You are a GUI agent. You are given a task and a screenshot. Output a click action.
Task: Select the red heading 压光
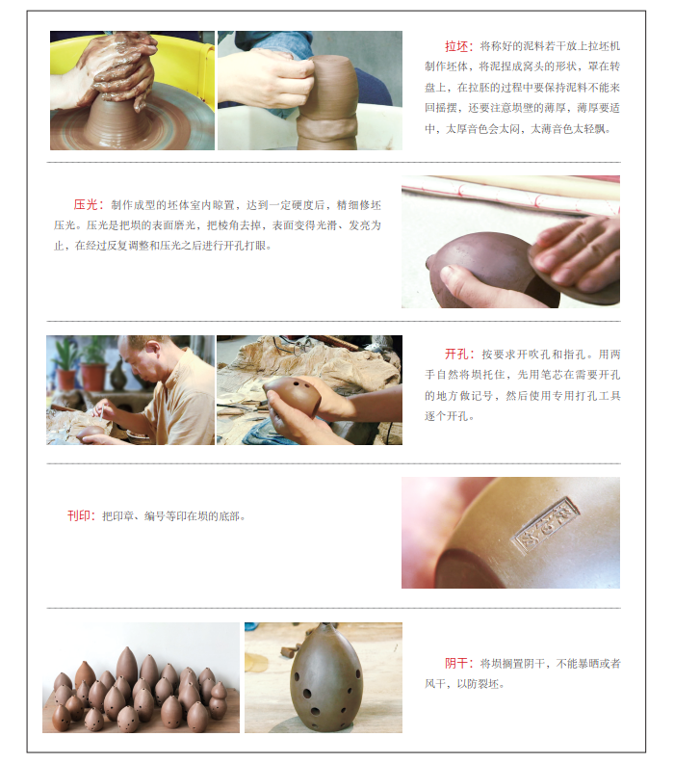coord(85,205)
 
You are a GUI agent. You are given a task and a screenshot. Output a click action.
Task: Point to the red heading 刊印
coord(78,515)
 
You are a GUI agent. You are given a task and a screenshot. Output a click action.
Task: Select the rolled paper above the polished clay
coord(510,194)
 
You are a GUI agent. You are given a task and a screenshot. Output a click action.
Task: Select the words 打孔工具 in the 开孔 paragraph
coord(599,396)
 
